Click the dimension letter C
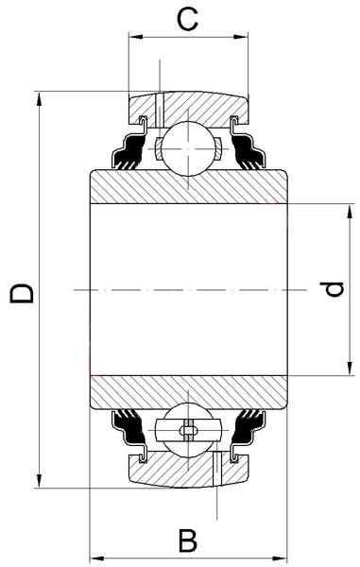188,19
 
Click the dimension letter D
22,293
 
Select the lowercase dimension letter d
332,289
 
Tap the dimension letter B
188,541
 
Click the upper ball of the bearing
188,148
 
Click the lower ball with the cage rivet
188,430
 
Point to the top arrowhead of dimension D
39,99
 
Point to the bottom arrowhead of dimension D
39,480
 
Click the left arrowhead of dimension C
136,37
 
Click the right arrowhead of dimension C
241,37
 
